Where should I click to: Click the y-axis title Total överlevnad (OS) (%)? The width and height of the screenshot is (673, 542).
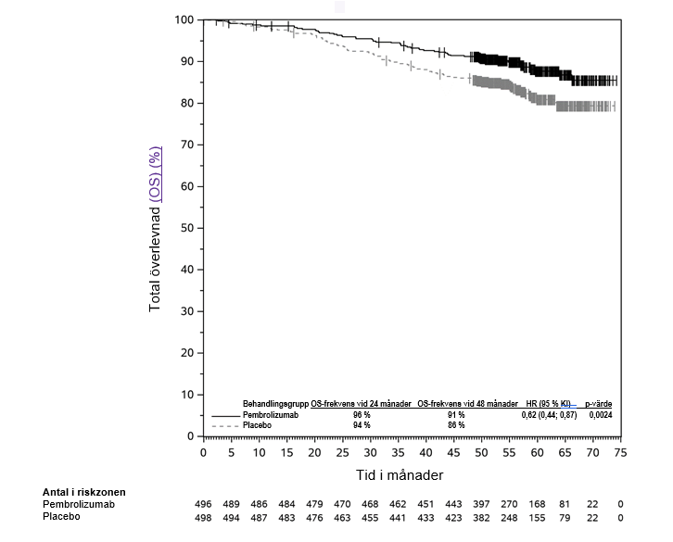(x=156, y=228)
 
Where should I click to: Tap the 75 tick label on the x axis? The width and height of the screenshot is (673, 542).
(x=620, y=453)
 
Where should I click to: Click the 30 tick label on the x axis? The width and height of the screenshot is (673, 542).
(x=370, y=453)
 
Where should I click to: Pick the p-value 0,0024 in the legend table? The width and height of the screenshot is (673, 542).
(x=599, y=415)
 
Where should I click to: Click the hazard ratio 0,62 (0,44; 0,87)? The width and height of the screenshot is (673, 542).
(x=549, y=415)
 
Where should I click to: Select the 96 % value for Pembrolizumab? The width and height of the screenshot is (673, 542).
(x=362, y=415)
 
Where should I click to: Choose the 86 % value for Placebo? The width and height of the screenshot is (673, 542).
(x=455, y=424)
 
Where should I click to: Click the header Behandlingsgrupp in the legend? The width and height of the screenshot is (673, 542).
(x=275, y=405)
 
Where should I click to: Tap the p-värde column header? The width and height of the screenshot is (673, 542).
(x=598, y=405)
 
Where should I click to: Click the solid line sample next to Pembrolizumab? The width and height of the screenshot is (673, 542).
(x=225, y=416)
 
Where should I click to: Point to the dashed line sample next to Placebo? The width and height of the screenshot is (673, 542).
(x=225, y=425)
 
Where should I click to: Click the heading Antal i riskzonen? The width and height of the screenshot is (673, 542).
(x=83, y=492)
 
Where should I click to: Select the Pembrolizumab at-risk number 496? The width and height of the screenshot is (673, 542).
(x=203, y=504)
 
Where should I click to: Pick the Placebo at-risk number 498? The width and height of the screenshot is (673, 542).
(x=203, y=517)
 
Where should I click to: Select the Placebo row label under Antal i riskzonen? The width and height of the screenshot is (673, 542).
(x=61, y=517)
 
